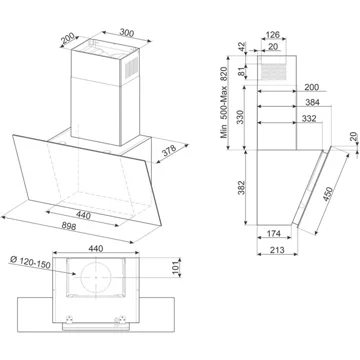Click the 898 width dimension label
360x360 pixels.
[x=69, y=226]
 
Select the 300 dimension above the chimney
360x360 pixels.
[x=127, y=33]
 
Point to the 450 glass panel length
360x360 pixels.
[x=328, y=194]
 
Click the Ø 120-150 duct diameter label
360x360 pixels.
[x=30, y=262]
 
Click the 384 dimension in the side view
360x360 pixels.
[x=312, y=102]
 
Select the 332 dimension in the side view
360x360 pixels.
[x=309, y=118]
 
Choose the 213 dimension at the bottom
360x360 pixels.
[x=277, y=249]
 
